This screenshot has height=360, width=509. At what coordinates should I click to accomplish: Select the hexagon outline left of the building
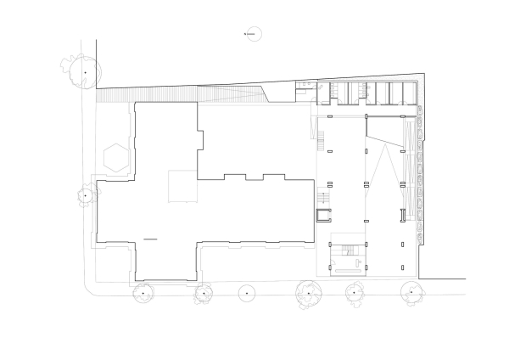(115, 156)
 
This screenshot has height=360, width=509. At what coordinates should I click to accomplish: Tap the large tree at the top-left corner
(85, 73)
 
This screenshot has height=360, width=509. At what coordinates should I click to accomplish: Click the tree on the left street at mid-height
(85, 196)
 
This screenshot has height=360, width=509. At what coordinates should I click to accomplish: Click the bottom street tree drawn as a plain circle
(247, 293)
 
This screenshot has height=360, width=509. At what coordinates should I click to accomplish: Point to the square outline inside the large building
(182, 187)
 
